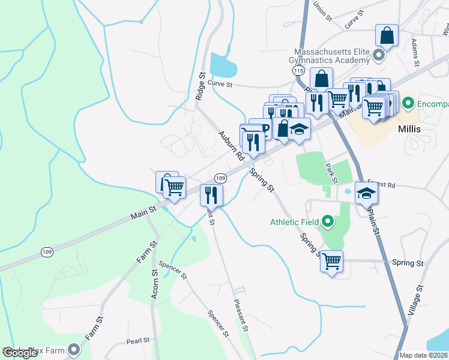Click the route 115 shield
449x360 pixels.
(x=299, y=71)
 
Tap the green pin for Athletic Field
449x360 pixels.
(x=327, y=223)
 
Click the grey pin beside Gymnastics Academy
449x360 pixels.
(x=378, y=56)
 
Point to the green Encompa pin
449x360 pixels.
(x=408, y=103)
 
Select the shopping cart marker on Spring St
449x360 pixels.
(x=331, y=262)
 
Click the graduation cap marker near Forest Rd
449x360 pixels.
(x=366, y=193)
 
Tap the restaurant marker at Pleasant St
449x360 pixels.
(x=211, y=194)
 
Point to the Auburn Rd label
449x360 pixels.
(x=231, y=145)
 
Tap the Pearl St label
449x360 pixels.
(x=138, y=341)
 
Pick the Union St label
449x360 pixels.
(x=322, y=11)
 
